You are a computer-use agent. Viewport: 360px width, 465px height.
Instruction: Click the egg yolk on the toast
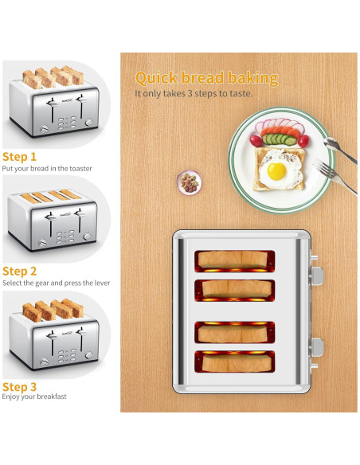(x=276, y=170)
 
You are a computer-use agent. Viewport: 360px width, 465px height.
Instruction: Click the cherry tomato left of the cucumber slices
(x=256, y=140)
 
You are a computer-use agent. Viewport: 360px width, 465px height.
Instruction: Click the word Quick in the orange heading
(x=158, y=78)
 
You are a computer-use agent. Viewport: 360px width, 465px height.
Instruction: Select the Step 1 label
(x=19, y=157)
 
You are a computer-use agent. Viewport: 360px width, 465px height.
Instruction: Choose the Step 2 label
(x=20, y=271)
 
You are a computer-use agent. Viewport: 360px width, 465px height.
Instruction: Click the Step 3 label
(x=20, y=386)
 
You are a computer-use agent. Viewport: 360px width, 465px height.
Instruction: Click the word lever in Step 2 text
(x=101, y=283)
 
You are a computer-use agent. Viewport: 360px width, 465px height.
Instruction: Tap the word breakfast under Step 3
(x=45, y=397)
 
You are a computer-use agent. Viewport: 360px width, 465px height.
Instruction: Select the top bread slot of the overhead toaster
(x=234, y=259)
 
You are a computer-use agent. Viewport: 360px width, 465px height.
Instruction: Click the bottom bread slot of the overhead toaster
(x=234, y=361)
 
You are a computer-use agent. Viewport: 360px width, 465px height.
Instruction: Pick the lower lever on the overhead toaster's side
(x=317, y=346)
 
